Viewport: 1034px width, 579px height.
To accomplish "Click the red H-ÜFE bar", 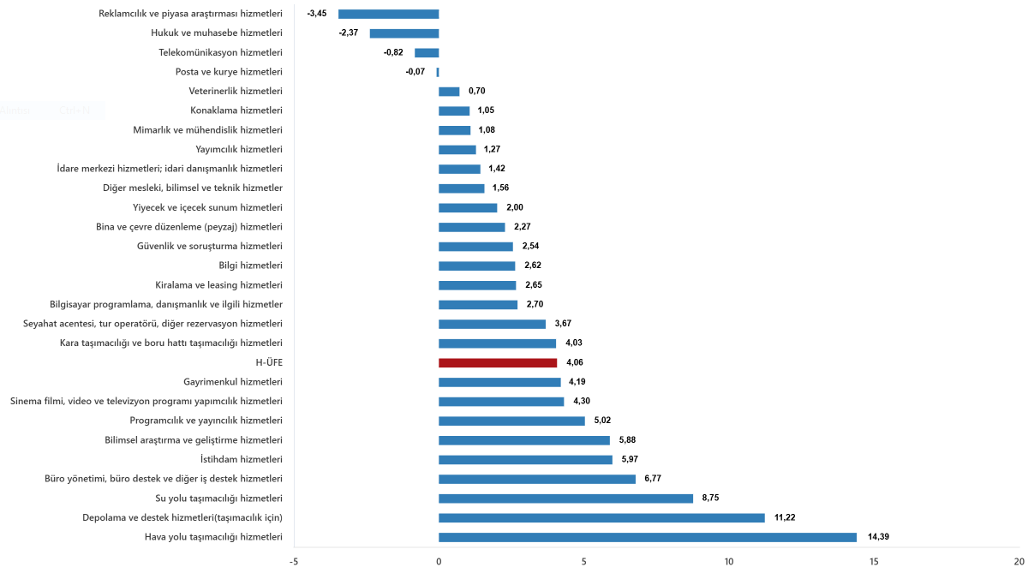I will pos(497,362).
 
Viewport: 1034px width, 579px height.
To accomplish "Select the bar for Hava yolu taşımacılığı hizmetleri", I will pos(647,537).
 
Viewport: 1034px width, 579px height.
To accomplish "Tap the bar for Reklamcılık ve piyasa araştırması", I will pos(388,14).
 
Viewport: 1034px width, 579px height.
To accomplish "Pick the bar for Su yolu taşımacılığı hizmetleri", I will pos(565,498).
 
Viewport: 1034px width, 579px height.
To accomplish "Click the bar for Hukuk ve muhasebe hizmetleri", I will pos(403,33).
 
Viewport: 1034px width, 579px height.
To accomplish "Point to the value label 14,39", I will pos(878,537).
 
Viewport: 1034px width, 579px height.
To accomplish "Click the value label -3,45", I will pos(317,14).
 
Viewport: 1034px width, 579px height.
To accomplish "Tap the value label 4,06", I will pos(574,362).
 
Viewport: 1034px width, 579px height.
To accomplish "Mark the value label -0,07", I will pos(415,72).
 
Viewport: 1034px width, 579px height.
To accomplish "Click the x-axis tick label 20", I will pos(1019,562).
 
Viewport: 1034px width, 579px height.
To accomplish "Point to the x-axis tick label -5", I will pos(294,562).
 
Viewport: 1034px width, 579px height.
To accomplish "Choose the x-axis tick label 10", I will pos(729,562).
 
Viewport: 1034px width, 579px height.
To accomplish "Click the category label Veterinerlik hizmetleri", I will pos(236,91).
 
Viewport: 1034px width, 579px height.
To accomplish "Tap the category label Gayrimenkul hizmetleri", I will pos(233,382).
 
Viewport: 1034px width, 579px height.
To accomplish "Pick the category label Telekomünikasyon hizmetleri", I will pos(221,52).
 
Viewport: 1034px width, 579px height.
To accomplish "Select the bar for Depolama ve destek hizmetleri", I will pos(601,517).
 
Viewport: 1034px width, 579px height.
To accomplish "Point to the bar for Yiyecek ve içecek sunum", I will pos(468,207).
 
